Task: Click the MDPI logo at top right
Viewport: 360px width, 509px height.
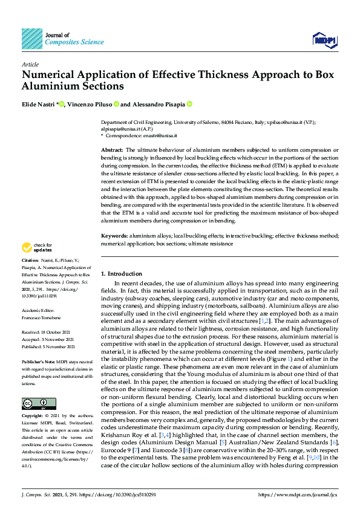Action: [324, 40]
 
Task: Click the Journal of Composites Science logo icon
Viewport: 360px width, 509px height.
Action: [32, 38]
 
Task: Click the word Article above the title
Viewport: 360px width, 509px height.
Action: [30, 65]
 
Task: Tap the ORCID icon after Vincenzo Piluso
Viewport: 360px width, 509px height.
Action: [116, 104]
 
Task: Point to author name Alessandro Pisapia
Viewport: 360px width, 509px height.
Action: [159, 104]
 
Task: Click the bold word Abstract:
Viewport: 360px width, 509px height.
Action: [112, 149]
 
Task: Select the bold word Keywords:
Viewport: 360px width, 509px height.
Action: [114, 235]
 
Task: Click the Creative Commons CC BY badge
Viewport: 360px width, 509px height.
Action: [34, 403]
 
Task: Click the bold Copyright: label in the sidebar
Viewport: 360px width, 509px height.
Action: [34, 416]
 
